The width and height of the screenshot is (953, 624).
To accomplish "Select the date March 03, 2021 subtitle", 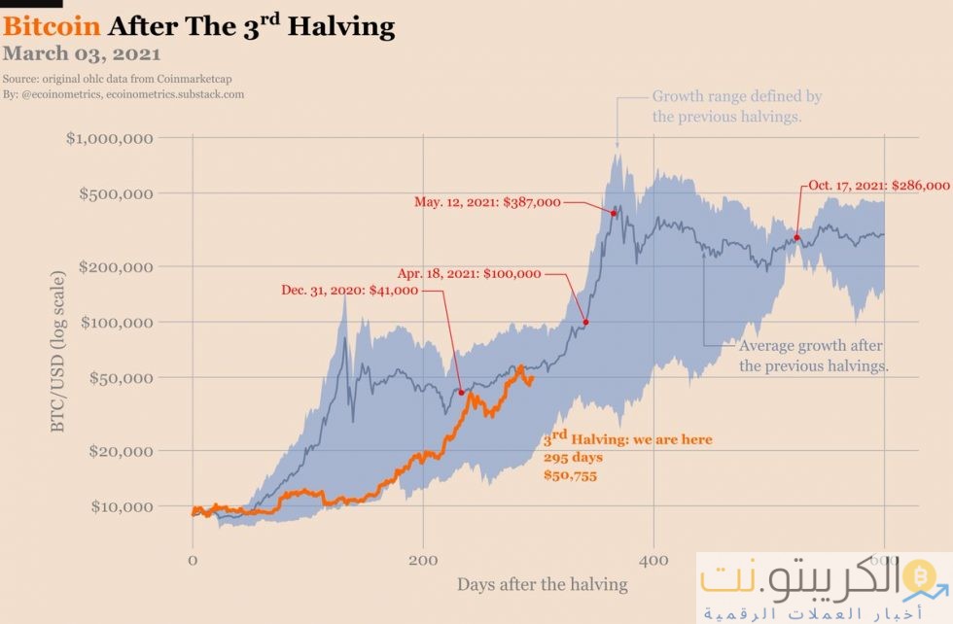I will click(82, 54).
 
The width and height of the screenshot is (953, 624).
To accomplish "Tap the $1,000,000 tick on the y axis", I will click(109, 138).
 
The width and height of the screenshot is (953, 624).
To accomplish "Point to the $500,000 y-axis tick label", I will click(114, 193).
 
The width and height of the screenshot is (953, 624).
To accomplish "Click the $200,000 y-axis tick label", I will click(114, 266).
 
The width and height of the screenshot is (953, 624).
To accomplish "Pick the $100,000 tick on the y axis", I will click(114, 322).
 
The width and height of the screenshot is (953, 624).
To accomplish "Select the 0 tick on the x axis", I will click(193, 560).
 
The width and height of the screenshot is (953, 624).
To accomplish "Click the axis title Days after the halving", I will click(542, 585).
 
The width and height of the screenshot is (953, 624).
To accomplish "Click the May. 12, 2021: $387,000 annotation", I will click(487, 202).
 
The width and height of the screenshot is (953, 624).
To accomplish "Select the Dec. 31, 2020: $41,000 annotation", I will click(349, 290).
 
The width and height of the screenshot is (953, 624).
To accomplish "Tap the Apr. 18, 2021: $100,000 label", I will click(469, 273).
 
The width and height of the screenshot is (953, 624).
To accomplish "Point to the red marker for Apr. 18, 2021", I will click(585, 322).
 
